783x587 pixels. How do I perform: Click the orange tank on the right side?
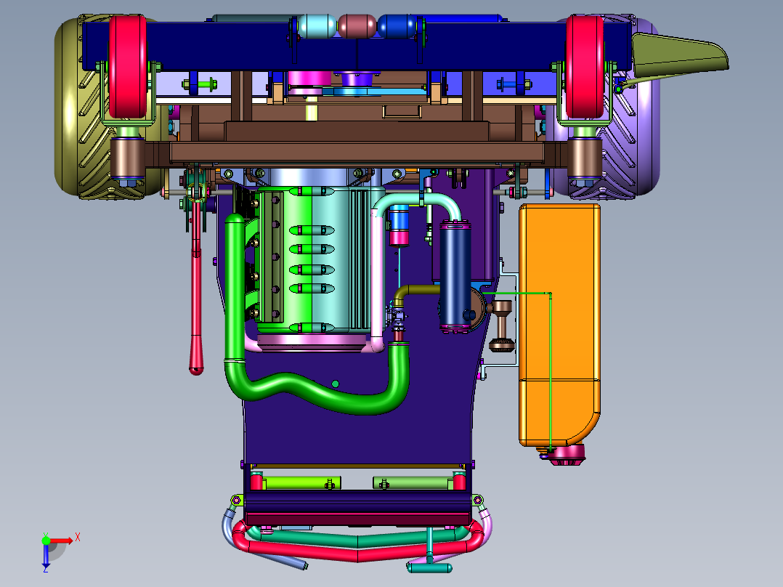pos(559,325)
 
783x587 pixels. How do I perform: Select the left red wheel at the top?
pos(127,66)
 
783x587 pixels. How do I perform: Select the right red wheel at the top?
pos(585,66)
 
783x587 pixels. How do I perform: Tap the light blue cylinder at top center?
pos(317,26)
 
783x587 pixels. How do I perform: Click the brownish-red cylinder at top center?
pos(357,26)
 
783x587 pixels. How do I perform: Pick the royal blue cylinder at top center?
pos(397,26)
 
